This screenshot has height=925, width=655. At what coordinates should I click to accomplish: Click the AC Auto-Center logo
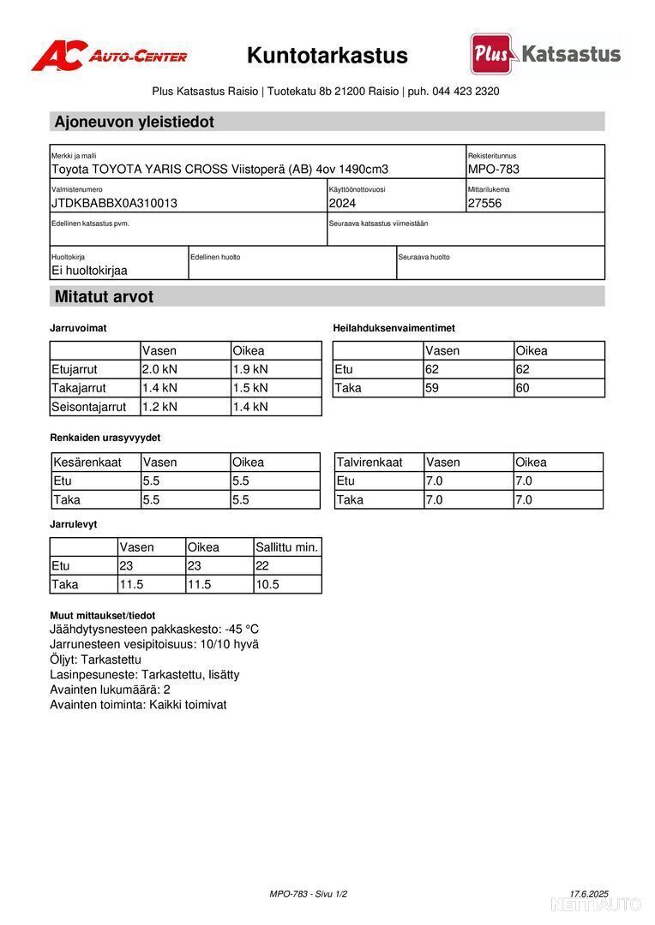(x=109, y=56)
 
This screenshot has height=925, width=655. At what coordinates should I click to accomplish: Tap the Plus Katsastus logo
(x=545, y=54)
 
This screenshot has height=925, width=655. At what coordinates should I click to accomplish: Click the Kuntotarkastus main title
(x=327, y=56)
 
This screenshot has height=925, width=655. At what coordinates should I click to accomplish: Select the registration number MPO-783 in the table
(x=494, y=169)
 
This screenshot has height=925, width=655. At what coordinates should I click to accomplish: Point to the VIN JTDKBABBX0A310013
(x=114, y=203)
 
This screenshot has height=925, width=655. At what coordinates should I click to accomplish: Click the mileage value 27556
(x=485, y=203)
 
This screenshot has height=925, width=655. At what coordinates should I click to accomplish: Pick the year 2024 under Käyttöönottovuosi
(x=342, y=203)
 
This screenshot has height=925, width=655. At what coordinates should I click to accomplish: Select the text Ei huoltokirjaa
(x=89, y=271)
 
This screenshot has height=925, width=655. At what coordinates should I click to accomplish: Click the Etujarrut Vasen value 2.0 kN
(x=159, y=369)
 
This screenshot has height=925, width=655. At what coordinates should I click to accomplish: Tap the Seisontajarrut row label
(x=89, y=407)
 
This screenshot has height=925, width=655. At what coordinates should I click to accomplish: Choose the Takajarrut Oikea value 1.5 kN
(x=250, y=388)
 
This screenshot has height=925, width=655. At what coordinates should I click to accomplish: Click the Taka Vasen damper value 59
(x=434, y=388)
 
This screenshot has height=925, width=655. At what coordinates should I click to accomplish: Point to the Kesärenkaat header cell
(x=87, y=462)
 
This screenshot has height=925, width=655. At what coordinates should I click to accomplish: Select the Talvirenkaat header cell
(x=370, y=462)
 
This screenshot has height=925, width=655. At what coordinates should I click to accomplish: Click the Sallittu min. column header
(x=286, y=547)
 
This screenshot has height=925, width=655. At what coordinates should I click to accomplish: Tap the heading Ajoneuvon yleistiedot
(x=135, y=122)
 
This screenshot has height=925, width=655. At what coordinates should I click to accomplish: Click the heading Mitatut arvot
(x=105, y=297)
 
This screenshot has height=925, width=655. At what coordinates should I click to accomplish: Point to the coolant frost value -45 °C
(x=242, y=630)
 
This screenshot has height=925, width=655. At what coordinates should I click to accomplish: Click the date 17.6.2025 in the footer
(x=589, y=894)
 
